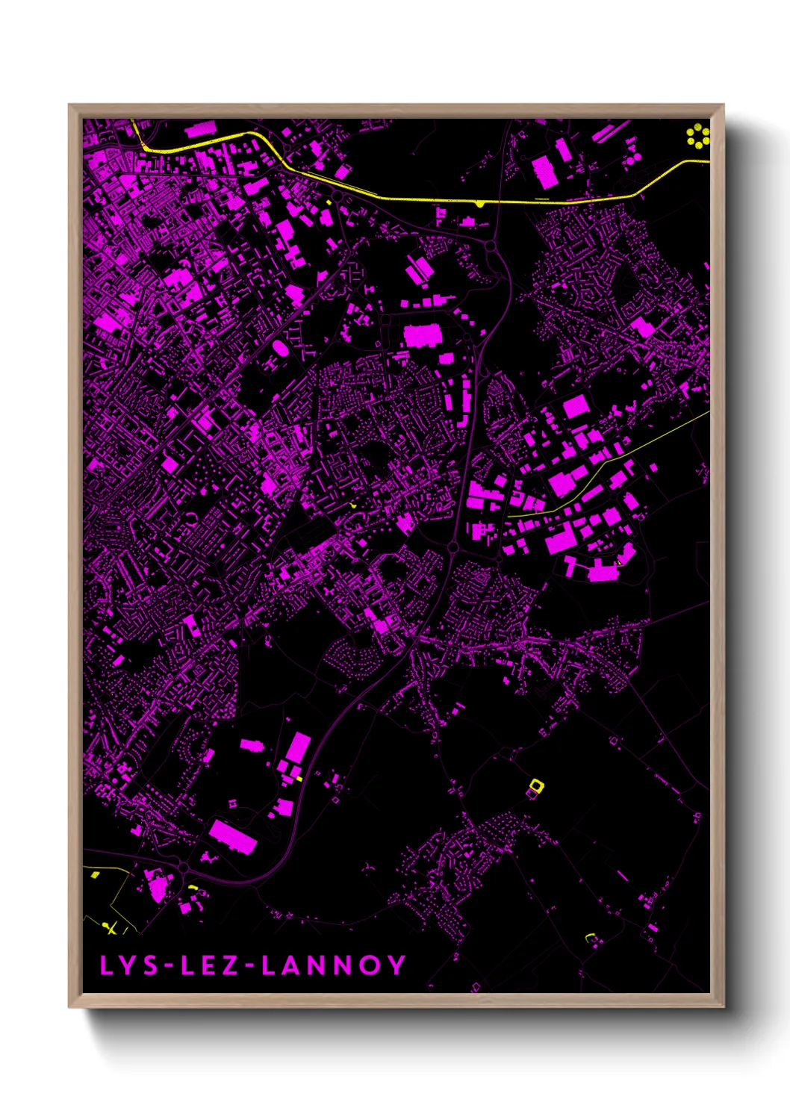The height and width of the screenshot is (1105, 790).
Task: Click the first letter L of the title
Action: tap(106, 965)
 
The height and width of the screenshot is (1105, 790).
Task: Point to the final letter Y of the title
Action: tap(396, 965)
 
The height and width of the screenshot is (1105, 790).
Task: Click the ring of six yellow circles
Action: tap(698, 136)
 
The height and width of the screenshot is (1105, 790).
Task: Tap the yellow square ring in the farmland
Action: tap(536, 785)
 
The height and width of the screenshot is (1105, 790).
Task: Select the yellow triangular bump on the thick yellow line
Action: tap(479, 204)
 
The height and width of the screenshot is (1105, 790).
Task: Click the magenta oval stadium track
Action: tap(281, 348)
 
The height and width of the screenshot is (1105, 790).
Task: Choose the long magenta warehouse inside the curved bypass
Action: tap(233, 836)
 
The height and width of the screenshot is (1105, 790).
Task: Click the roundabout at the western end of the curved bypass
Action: tap(184, 868)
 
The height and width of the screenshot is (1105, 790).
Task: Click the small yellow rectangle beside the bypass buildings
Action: tap(299, 779)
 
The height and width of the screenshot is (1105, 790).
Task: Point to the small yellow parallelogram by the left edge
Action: tap(94, 874)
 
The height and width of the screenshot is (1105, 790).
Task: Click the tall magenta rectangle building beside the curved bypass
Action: tap(299, 747)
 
